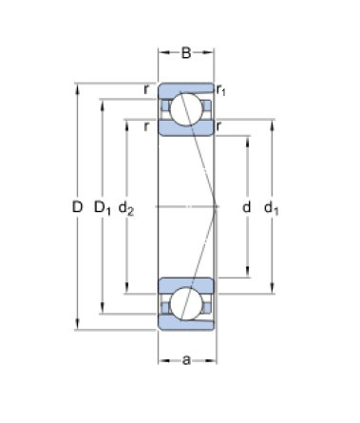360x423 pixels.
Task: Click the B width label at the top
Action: (186, 53)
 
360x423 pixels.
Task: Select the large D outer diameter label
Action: (77, 206)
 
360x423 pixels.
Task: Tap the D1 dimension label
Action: (104, 206)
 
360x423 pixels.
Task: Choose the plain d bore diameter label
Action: (246, 206)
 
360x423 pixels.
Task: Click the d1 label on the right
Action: (273, 206)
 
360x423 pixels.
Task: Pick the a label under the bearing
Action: (186, 360)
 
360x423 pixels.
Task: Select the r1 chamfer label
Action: (221, 90)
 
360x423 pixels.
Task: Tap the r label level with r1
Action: (148, 89)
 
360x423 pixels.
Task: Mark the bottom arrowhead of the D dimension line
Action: (77, 327)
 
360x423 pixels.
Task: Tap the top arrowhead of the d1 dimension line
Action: (273, 122)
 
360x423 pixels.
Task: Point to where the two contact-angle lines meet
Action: (217, 206)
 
